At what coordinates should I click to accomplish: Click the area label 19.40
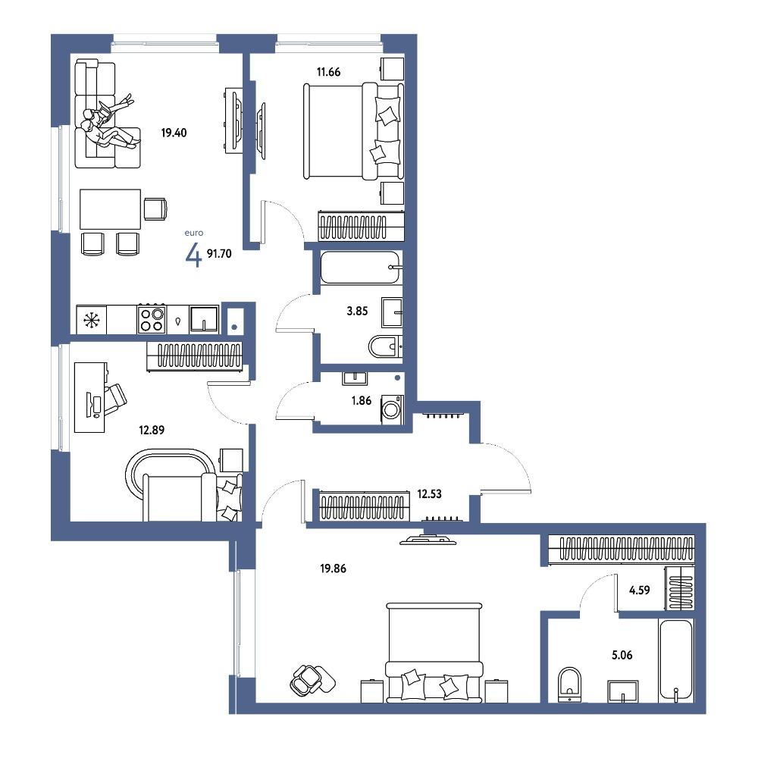click(x=174, y=133)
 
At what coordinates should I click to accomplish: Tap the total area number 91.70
click(x=219, y=253)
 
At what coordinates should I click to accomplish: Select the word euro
click(x=194, y=233)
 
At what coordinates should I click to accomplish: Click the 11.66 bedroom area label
click(x=329, y=72)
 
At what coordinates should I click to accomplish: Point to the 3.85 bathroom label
click(x=357, y=312)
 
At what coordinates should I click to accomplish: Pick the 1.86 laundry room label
click(x=362, y=400)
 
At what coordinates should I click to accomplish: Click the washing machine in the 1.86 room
click(x=392, y=410)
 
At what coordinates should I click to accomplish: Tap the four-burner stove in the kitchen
click(x=152, y=319)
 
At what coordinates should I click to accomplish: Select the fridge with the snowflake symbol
click(x=92, y=320)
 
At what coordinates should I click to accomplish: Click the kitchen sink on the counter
click(x=204, y=318)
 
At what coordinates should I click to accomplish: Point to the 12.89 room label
click(x=152, y=430)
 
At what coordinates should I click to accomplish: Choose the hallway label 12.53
click(x=429, y=494)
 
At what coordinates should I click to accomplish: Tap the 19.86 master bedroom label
click(x=333, y=568)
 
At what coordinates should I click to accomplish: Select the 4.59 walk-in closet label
click(x=640, y=590)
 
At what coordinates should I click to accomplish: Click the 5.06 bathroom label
click(x=622, y=656)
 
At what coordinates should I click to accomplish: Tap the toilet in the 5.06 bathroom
click(x=569, y=684)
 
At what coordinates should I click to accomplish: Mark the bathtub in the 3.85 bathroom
click(x=361, y=268)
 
